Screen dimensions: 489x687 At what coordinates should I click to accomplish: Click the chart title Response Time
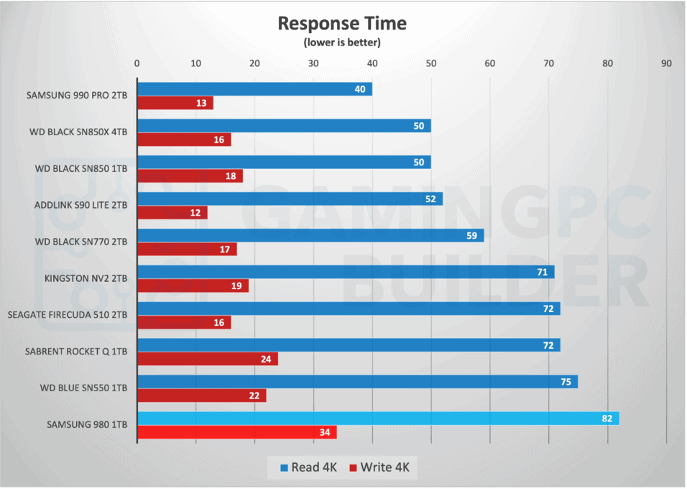(x=342, y=23)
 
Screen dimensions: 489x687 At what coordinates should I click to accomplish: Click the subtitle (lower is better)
(x=342, y=42)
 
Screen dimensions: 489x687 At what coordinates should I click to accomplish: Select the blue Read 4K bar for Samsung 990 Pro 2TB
(x=254, y=89)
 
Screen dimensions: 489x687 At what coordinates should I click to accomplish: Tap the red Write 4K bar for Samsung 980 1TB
(x=236, y=432)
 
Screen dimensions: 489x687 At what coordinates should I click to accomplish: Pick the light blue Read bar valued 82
(x=378, y=418)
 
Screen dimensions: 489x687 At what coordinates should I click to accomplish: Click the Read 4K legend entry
(x=308, y=467)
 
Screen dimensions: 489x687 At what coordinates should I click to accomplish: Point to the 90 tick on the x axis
(x=666, y=63)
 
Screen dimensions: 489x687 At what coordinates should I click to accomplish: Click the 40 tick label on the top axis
(x=372, y=63)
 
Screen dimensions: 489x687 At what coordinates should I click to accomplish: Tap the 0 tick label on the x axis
(x=137, y=63)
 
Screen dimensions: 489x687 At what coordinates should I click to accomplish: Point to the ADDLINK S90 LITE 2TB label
(x=80, y=204)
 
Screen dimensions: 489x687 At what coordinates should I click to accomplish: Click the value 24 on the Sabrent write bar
(x=266, y=359)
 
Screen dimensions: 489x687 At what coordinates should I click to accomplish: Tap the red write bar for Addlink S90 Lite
(x=172, y=213)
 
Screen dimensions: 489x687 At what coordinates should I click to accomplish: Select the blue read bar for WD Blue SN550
(x=357, y=381)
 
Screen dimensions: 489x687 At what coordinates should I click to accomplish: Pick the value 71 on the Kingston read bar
(x=542, y=272)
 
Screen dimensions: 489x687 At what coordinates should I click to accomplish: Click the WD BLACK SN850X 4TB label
(x=80, y=131)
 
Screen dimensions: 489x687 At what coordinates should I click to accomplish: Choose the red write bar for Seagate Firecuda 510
(x=183, y=322)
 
